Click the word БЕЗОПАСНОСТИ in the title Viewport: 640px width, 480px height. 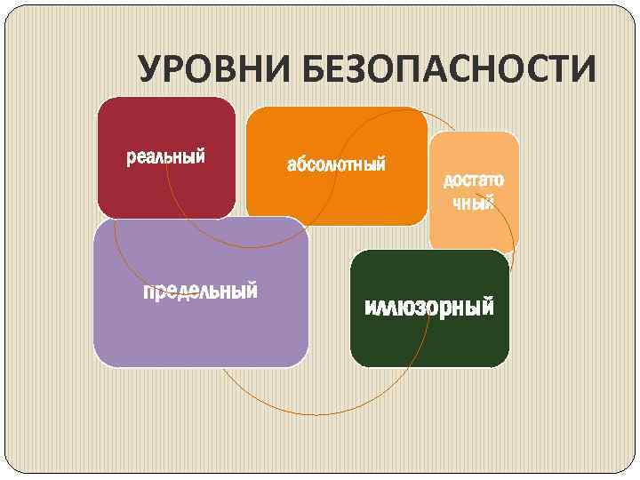click(x=449, y=70)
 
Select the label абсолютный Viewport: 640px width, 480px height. click(x=336, y=164)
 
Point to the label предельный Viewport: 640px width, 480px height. click(x=201, y=291)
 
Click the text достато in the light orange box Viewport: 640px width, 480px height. click(x=474, y=180)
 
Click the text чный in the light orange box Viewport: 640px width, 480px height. click(x=474, y=204)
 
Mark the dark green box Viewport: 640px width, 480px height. click(x=429, y=342)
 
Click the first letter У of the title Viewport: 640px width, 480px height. click(x=150, y=70)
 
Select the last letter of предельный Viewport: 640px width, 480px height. click(x=252, y=291)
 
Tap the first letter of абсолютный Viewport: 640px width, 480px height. click(x=291, y=165)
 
